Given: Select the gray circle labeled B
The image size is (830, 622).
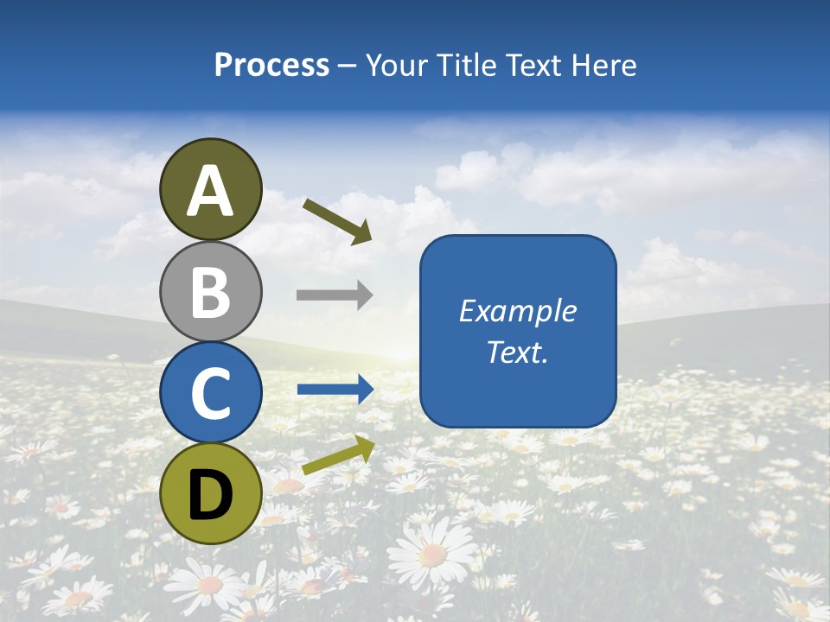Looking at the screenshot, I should [211, 291].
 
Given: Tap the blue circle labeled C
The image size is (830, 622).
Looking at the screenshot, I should [211, 392].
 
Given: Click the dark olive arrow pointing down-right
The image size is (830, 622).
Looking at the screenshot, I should [338, 221].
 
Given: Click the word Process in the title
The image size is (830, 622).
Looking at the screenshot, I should [271, 65].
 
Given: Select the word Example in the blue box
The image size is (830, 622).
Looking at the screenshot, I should [517, 310].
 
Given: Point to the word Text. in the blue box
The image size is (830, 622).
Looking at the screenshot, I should [517, 352].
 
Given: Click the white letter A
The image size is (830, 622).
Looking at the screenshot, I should [211, 191].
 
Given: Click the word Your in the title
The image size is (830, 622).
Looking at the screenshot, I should [398, 65].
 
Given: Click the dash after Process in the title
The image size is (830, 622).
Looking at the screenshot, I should [348, 67].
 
